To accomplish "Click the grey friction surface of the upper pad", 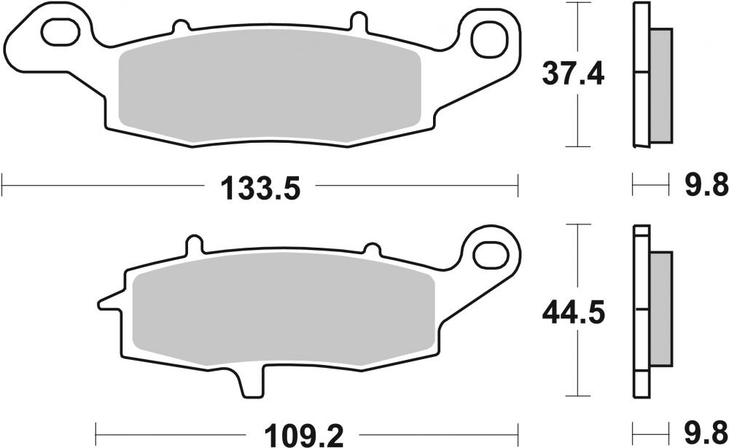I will point(270,91).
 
